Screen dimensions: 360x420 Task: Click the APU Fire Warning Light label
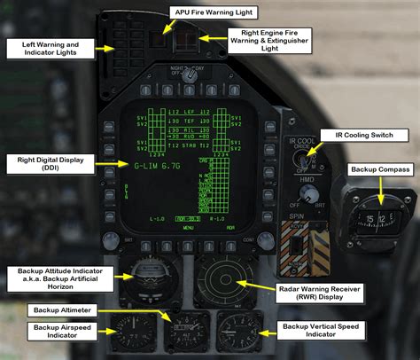pos(216,13)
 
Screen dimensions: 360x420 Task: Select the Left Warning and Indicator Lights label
pos(51,48)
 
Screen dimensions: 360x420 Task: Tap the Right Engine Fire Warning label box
pos(269,40)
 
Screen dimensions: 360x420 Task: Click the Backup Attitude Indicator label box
pos(51,282)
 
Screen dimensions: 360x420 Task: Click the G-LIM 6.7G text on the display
pos(158,166)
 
